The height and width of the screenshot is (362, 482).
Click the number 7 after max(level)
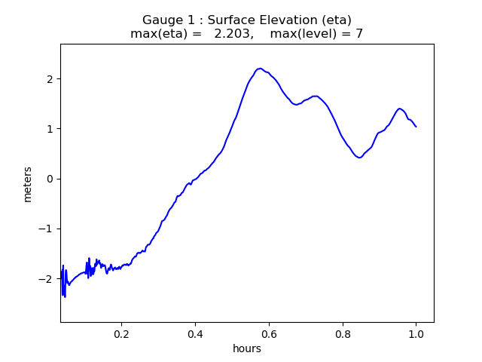click(x=359, y=34)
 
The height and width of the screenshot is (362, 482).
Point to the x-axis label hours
click(x=247, y=348)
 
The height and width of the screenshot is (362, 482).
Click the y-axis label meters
click(x=28, y=183)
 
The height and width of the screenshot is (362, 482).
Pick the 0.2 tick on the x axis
click(x=121, y=333)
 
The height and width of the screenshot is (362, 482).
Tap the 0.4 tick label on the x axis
click(x=195, y=333)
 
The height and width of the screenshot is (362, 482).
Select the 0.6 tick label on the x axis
click(x=269, y=333)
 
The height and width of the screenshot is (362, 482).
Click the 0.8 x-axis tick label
click(x=343, y=333)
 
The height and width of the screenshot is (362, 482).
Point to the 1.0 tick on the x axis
click(x=416, y=333)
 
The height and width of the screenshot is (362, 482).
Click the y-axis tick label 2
click(x=49, y=79)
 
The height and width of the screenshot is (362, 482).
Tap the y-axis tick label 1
click(x=49, y=129)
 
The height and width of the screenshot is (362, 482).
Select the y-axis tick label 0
click(x=49, y=179)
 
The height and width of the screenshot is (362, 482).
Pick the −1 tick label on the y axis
click(x=46, y=229)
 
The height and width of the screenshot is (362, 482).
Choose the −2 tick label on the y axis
click(x=46, y=279)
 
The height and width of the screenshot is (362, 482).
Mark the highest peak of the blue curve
click(x=260, y=69)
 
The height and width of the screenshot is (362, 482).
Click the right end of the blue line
click(x=416, y=126)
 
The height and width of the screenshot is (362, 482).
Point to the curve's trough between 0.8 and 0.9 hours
click(x=359, y=157)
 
